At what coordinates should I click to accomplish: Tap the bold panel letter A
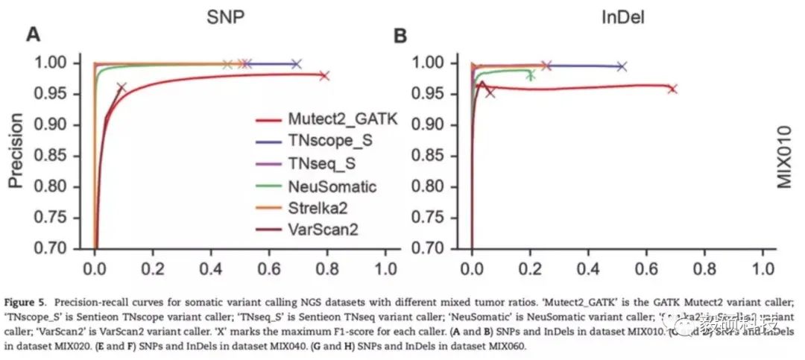(33, 34)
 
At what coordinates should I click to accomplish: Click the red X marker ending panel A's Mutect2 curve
(323, 75)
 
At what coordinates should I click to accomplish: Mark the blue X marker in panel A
(296, 64)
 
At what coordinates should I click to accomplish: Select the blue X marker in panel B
(622, 66)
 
